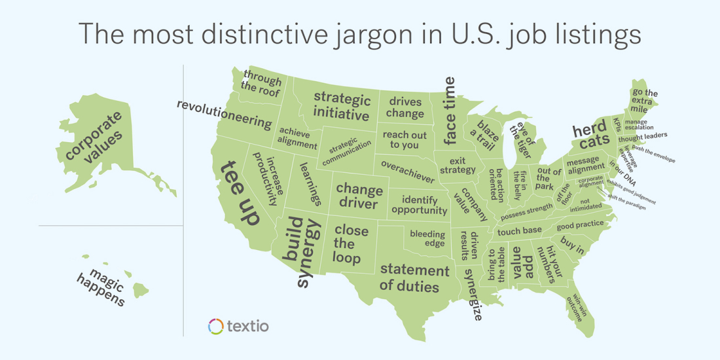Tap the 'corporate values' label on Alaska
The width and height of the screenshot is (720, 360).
94,139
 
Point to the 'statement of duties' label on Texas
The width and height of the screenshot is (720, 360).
414,278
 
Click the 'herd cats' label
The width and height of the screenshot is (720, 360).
590,135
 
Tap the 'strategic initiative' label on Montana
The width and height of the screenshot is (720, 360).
341,107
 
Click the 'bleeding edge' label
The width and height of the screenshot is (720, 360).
427,238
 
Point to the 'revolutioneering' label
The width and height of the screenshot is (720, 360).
224,115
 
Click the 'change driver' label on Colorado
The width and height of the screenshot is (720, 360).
359,196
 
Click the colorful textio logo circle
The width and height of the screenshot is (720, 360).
216,325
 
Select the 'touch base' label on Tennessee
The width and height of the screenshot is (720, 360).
519,230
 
